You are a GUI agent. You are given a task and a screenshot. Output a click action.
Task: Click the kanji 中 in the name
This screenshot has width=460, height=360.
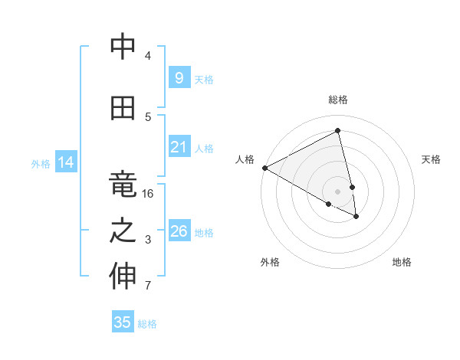coord(123,47)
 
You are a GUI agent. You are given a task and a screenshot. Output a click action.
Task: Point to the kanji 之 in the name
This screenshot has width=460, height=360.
coord(123,231)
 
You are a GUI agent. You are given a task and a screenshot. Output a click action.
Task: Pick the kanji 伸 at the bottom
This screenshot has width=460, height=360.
coord(123,277)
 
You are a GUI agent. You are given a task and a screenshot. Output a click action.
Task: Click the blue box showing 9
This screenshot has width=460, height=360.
coord(179,78)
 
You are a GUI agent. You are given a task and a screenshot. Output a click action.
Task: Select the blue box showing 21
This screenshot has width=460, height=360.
coord(179,147)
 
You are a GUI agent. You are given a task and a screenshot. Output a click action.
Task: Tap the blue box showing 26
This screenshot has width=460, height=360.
coord(179,231)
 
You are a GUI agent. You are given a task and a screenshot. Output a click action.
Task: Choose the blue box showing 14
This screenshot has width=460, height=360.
coord(65,162)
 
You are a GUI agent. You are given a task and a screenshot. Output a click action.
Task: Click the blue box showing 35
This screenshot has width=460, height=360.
coord(123,322)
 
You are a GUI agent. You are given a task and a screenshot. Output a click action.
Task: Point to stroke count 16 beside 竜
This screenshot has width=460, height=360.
coord(148,194)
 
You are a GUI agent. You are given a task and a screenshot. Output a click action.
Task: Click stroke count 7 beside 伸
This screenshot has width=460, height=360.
coord(148,286)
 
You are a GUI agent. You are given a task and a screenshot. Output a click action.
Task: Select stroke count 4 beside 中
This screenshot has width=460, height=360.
coord(148,56)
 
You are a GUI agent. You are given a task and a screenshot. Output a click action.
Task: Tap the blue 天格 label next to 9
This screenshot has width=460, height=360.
coord(204,79)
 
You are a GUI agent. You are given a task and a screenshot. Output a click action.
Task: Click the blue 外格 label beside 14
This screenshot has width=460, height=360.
coord(41,163)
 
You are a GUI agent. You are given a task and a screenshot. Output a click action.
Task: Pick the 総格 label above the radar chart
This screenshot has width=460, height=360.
coord(338,100)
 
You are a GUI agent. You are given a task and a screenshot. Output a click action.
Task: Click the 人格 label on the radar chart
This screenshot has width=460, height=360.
coord(245,159)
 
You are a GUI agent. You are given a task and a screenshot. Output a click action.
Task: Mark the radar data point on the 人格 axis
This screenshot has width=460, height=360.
coord(264,168)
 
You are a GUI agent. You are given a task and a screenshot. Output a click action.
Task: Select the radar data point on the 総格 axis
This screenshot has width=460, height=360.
coord(338,131)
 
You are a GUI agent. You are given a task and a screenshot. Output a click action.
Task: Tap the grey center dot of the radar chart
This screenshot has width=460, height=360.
coord(338,191)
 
